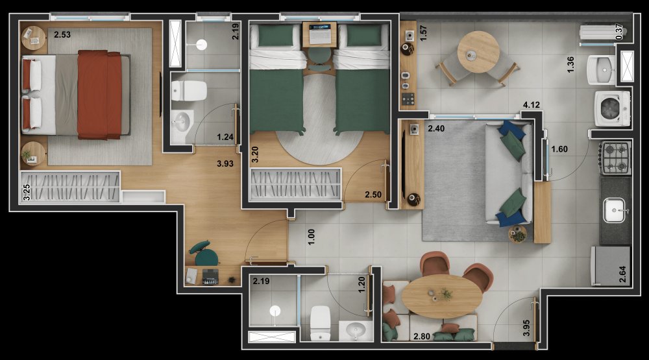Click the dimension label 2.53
point(62,35)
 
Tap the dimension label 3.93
point(225,164)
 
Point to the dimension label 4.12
point(532,105)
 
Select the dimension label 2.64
point(622,274)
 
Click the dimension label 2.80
point(422,337)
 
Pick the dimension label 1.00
point(312,237)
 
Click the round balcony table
point(478,52)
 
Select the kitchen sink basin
point(614,210)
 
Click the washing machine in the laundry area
point(613,108)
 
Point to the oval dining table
point(442,296)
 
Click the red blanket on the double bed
point(100,95)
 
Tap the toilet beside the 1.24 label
point(189,91)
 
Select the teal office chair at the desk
point(204,253)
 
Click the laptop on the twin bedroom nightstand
point(319,33)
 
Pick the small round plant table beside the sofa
point(517,234)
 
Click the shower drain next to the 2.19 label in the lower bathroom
point(275,310)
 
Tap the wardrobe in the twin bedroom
point(295,184)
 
